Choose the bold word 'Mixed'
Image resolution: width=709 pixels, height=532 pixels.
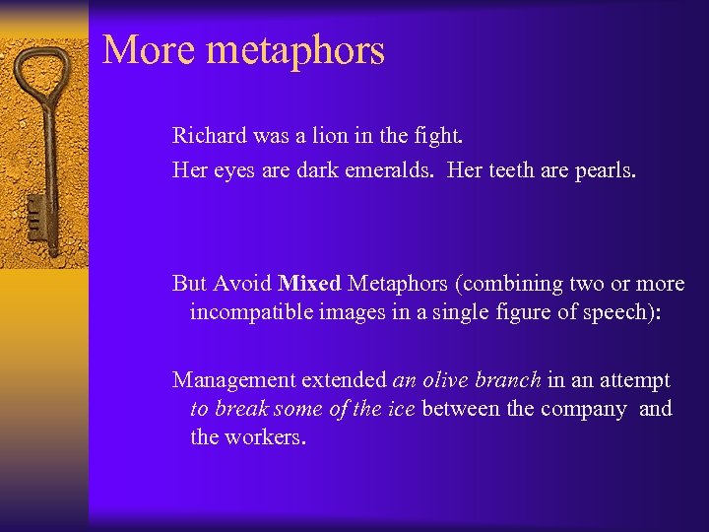310,284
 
